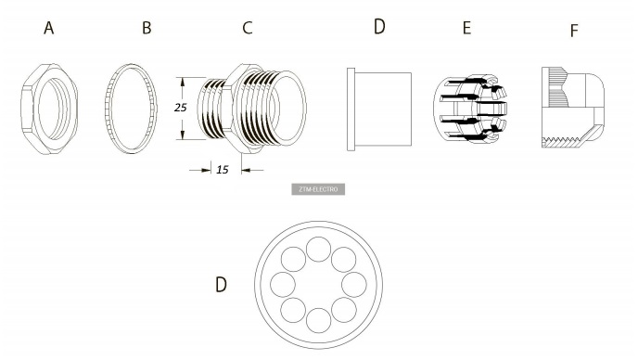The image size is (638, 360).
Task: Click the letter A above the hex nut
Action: [x=49, y=28]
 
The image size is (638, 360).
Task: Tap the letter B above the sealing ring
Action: [x=147, y=28]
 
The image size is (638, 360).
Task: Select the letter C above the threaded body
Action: [x=248, y=28]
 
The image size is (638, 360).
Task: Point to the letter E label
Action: [x=466, y=28]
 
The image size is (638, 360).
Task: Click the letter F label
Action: [x=574, y=31]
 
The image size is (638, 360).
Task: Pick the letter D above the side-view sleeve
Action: [x=379, y=27]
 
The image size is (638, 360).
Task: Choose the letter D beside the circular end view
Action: [x=221, y=285]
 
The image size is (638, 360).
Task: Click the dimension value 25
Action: [x=180, y=108]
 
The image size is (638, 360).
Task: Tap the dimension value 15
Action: [x=223, y=170]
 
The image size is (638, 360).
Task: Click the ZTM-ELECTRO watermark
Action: [x=318, y=189]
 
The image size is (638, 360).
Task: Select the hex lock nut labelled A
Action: [x=49, y=109]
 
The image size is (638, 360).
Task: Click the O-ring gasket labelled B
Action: [x=131, y=109]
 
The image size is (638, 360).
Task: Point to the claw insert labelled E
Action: [x=470, y=109]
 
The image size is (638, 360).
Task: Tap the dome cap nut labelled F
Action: [x=573, y=108]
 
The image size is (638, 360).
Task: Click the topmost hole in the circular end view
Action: [x=319, y=250]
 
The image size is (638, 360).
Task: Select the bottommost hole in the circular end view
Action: [x=319, y=320]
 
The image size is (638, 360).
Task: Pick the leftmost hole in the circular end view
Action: [x=283, y=285]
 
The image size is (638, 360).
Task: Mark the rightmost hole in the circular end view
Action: [x=354, y=285]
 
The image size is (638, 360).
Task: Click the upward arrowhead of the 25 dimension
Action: [x=183, y=82]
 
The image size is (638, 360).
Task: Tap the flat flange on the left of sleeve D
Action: [x=351, y=109]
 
